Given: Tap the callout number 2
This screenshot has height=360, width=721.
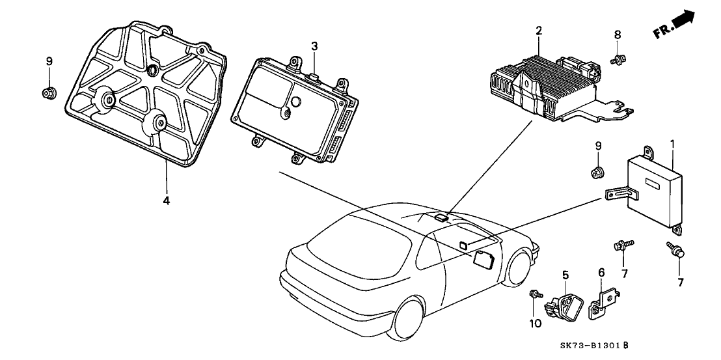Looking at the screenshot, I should tap(539, 30).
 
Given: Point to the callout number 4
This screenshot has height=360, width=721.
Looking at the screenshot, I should tap(166, 201).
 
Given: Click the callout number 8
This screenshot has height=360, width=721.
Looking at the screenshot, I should tap(618, 35).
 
